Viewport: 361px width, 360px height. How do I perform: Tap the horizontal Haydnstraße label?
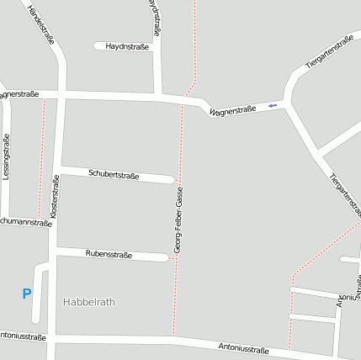click(x=127, y=46)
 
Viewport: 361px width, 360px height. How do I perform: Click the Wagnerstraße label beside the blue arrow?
click(x=232, y=110)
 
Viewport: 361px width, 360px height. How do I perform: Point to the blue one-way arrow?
click(x=271, y=106)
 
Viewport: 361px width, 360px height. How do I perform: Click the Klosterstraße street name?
click(x=55, y=198)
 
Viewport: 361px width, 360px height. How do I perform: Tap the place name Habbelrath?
click(x=89, y=301)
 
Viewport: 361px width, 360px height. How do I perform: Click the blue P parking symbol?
click(x=26, y=294)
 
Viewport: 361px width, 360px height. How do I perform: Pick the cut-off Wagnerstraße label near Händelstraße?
click(x=20, y=94)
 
